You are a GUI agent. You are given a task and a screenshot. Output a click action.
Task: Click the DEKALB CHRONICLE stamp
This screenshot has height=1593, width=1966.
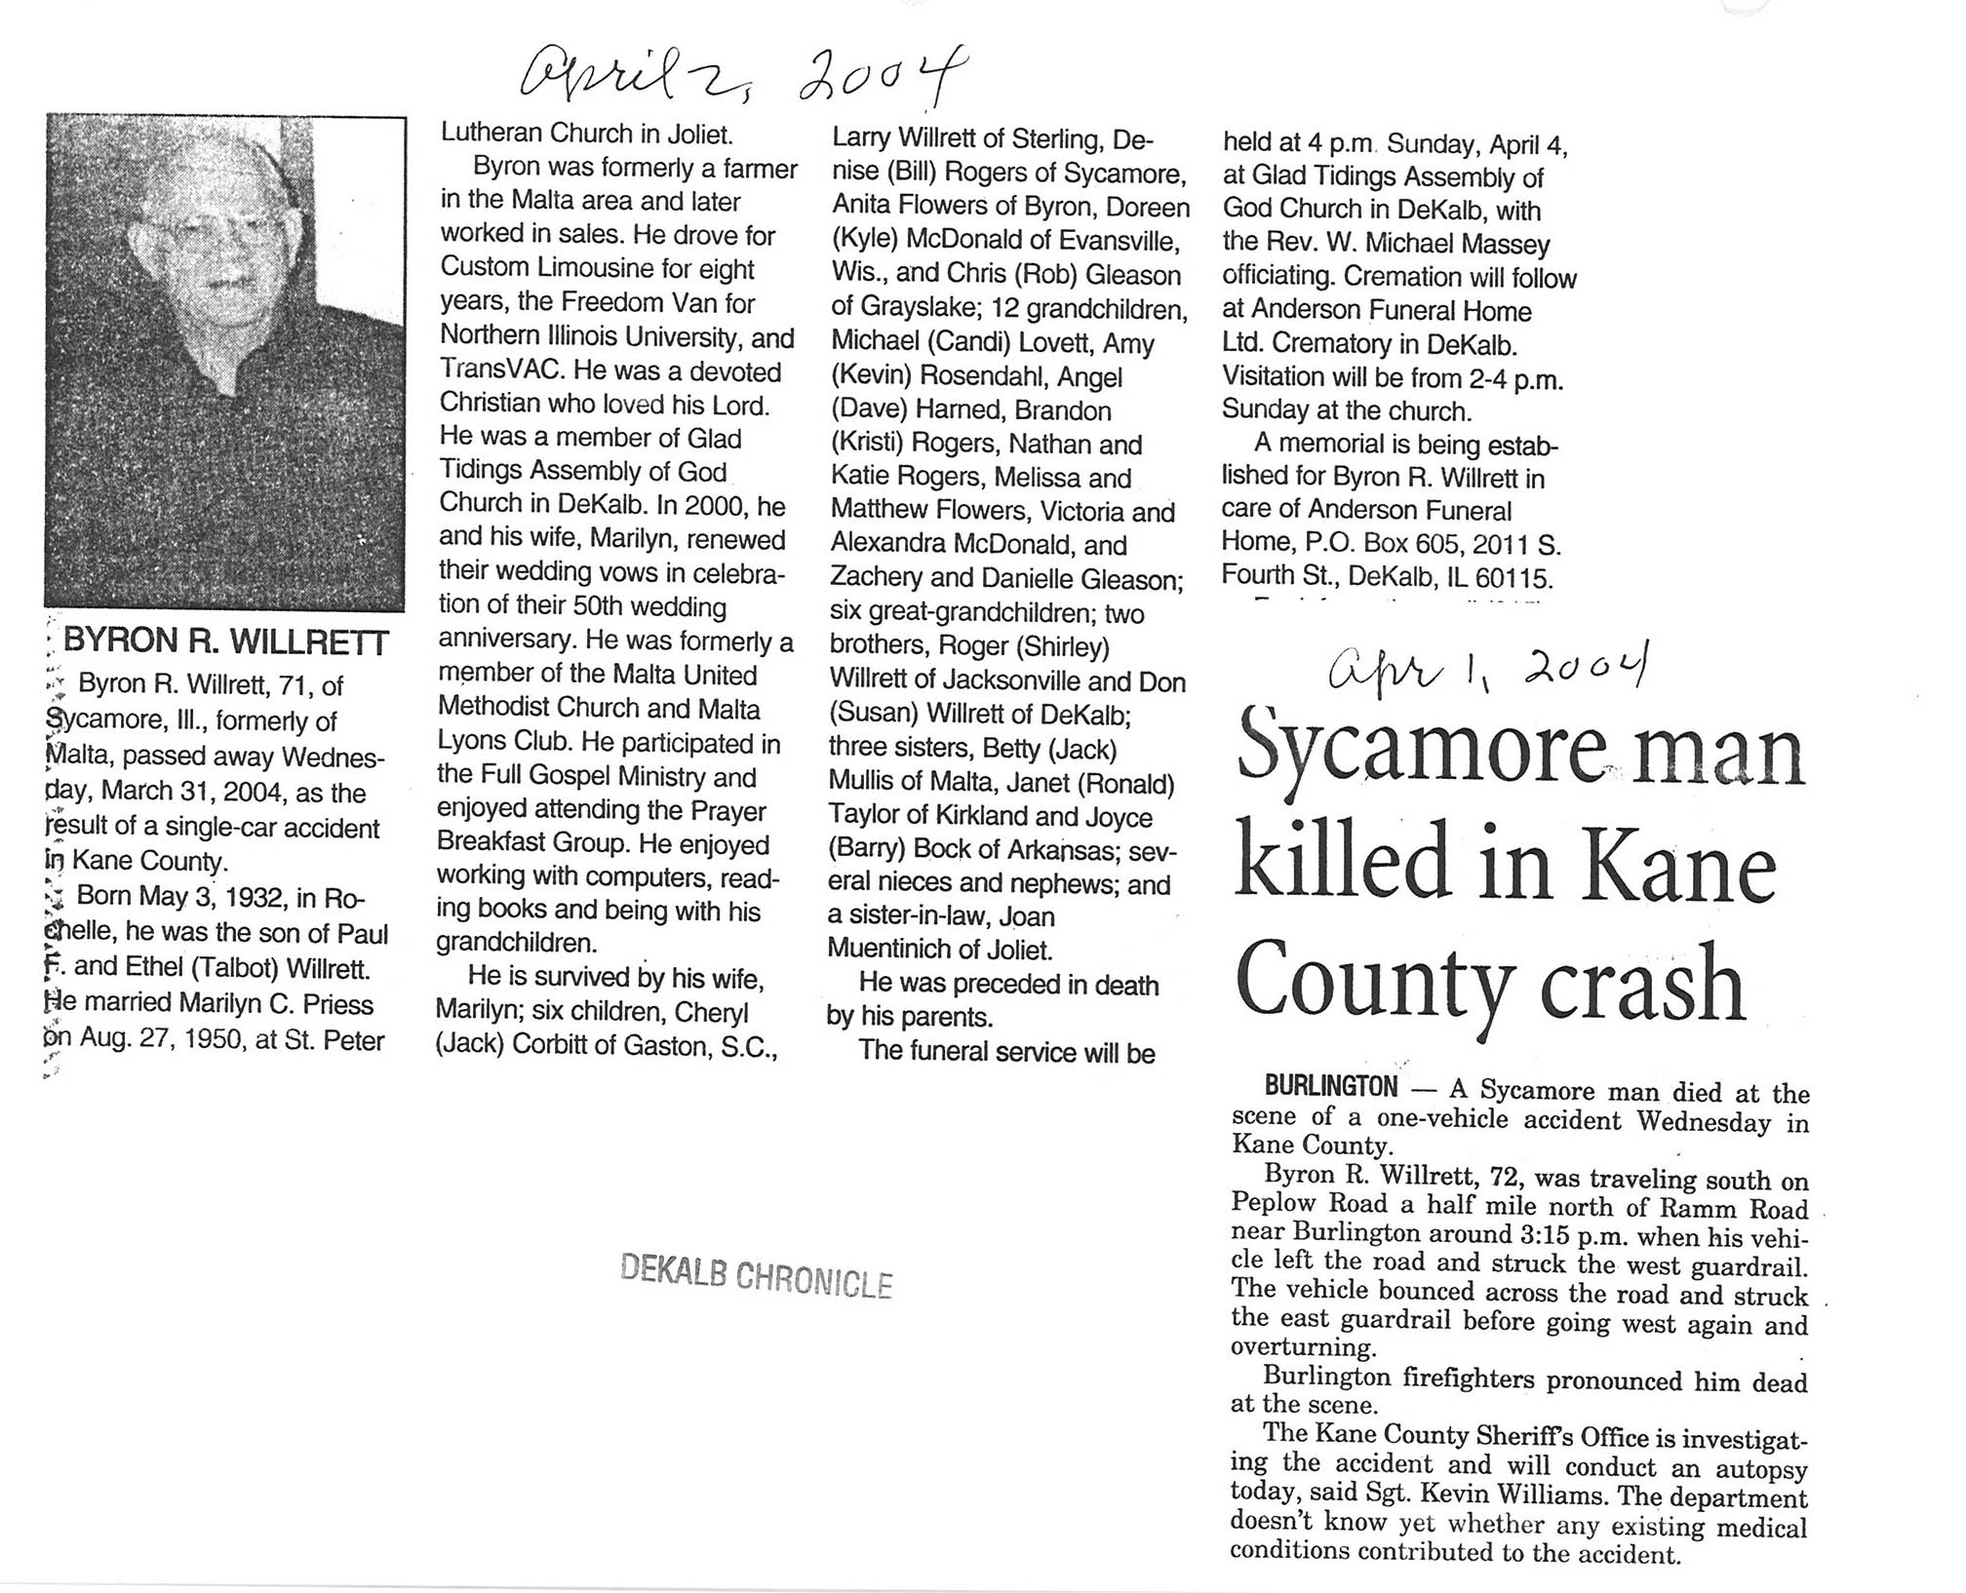tap(756, 1275)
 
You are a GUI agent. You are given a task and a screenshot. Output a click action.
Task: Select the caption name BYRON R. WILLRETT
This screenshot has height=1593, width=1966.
tap(225, 641)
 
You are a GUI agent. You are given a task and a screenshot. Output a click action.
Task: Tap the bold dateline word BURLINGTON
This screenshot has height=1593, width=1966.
tap(1330, 1086)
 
